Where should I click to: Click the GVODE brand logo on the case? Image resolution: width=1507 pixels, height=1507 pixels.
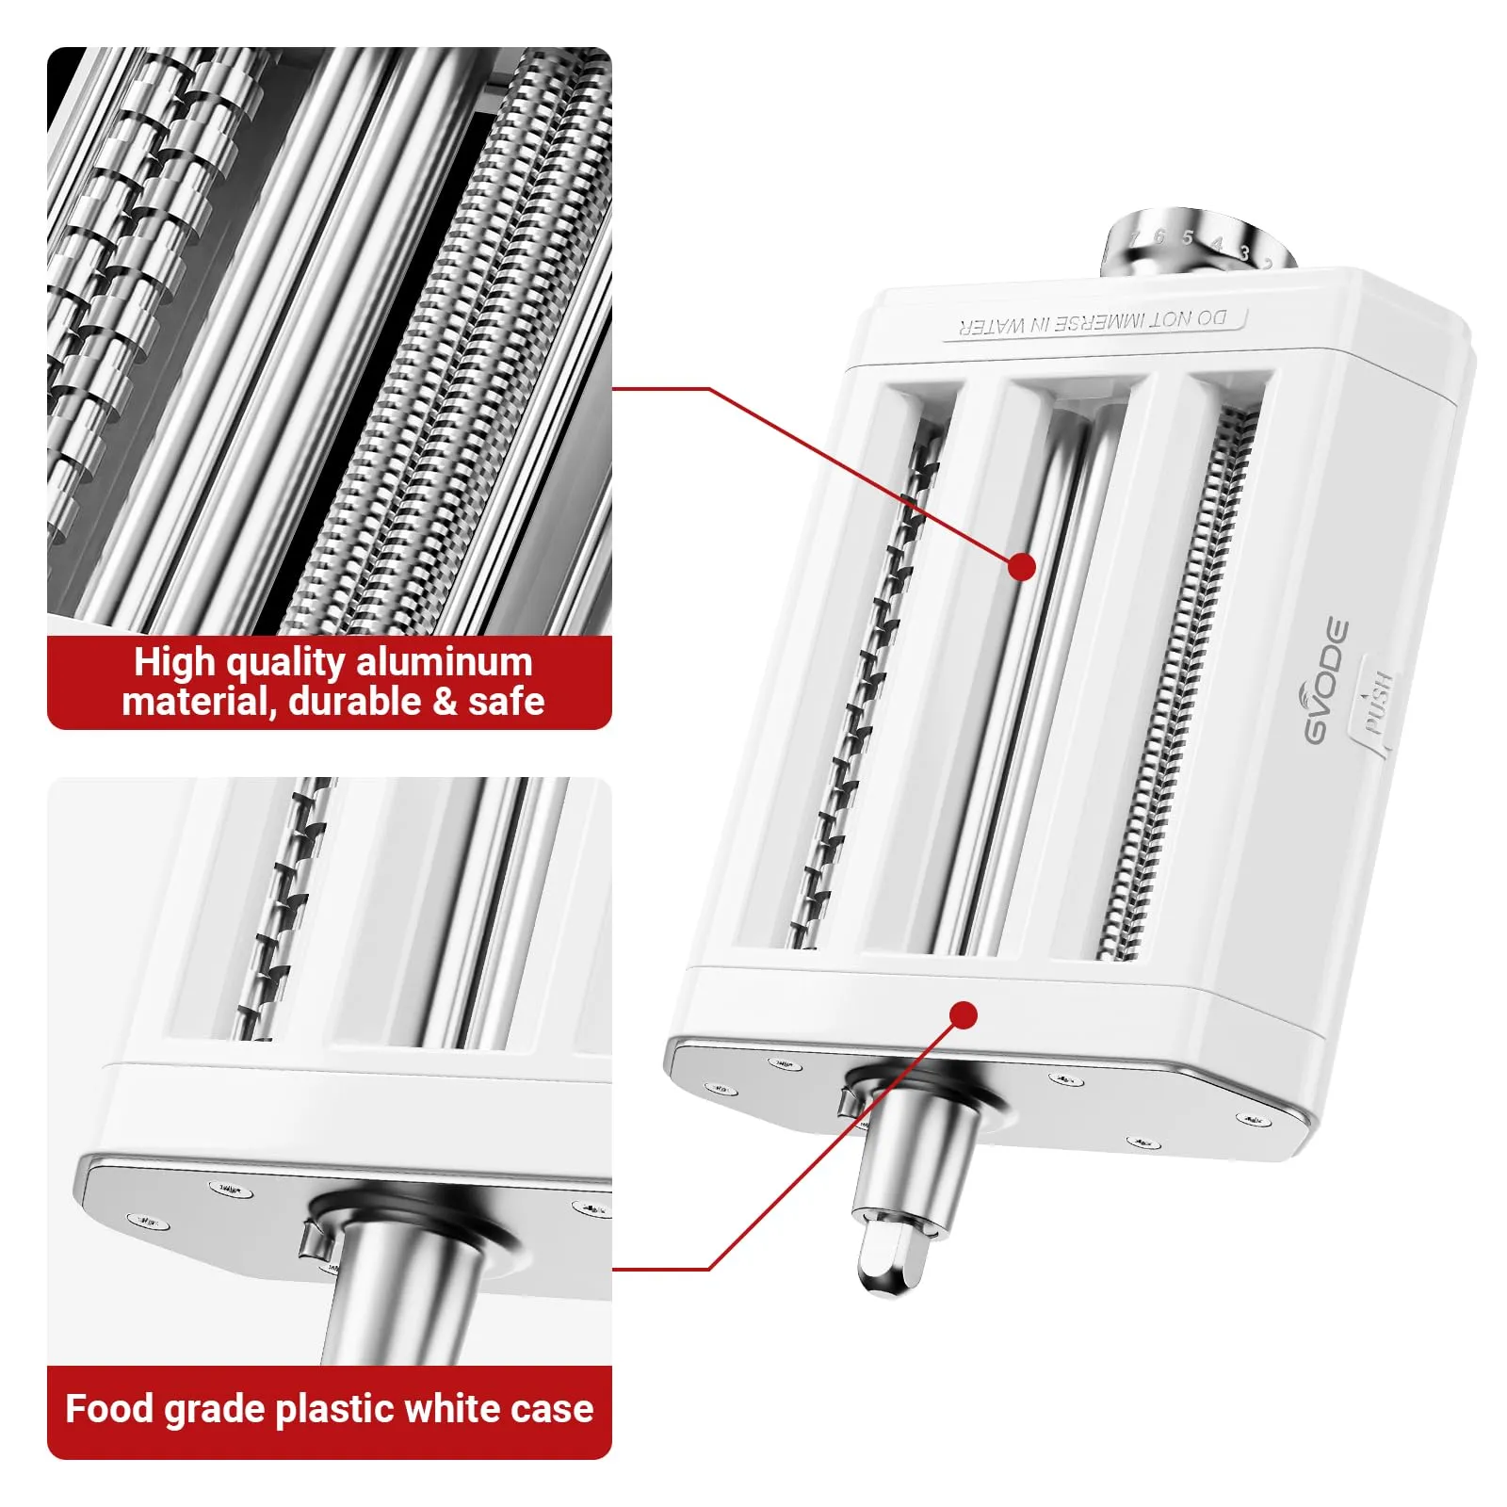coord(1326,680)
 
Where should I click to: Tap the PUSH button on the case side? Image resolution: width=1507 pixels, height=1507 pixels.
coord(1376,702)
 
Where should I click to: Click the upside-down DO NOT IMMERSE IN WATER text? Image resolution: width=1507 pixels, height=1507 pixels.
coord(1093,322)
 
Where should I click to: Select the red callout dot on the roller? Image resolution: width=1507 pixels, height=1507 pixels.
coord(1022,567)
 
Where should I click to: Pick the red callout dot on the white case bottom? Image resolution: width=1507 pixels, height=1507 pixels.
coord(964,1014)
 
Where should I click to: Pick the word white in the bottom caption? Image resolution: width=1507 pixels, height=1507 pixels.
coord(455,1409)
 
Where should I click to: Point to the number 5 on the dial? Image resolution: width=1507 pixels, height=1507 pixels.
coord(1188,238)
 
